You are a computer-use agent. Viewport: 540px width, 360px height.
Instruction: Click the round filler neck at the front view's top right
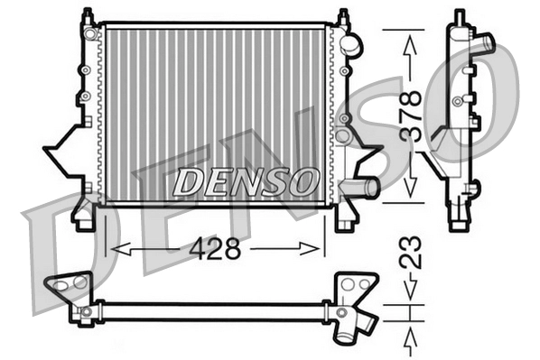[351, 43]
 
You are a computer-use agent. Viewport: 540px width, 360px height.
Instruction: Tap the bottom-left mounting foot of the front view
[84, 217]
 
